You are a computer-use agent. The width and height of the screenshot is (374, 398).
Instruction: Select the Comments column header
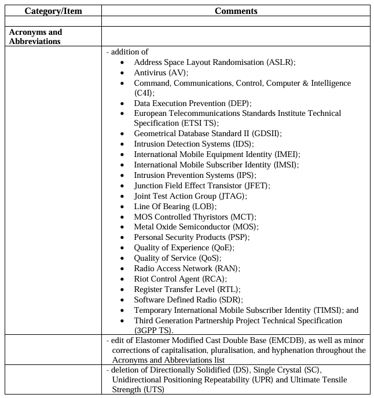pyautogui.click(x=236, y=11)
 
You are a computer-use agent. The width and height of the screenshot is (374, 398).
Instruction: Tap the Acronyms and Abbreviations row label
pyautogui.click(x=35, y=36)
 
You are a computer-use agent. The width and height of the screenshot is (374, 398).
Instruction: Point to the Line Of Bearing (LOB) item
pyautogui.click(x=175, y=206)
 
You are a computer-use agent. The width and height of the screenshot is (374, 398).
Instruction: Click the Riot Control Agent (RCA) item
pyautogui.click(x=180, y=279)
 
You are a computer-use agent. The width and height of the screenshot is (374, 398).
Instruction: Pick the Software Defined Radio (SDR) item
pyautogui.click(x=188, y=300)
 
